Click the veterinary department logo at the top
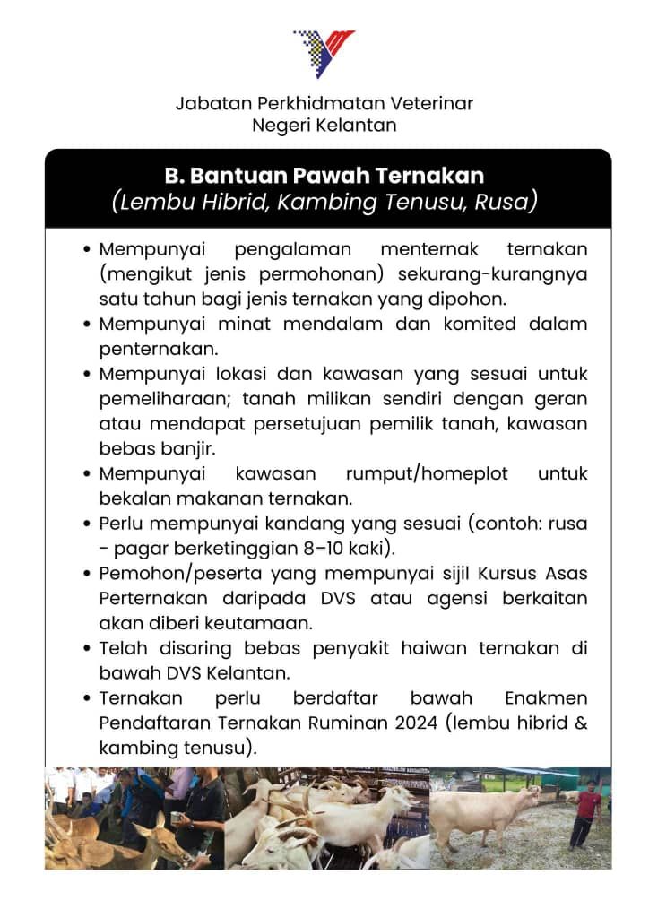(324, 52)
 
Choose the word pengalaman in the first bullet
(292, 248)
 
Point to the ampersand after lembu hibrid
(580, 723)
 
